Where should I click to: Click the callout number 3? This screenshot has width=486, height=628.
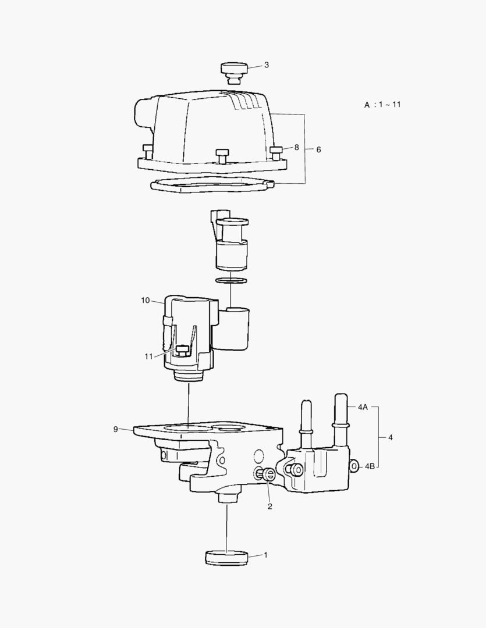(x=266, y=65)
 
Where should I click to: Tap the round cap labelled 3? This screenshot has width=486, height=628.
(x=234, y=72)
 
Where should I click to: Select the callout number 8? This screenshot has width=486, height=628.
(x=296, y=147)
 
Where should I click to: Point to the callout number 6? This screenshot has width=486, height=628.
(x=318, y=149)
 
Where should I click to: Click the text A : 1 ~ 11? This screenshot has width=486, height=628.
(x=382, y=105)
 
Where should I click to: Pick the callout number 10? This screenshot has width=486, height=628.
(x=145, y=300)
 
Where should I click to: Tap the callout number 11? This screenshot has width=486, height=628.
(x=149, y=356)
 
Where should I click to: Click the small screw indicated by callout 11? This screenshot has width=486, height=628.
(x=182, y=349)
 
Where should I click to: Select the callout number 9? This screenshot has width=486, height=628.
(x=115, y=429)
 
